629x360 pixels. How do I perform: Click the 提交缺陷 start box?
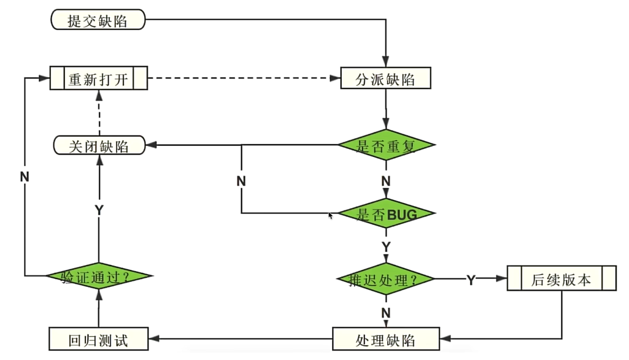coord(98,20)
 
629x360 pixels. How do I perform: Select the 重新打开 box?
coord(98,79)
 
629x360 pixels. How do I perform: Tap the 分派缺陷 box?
coord(386,79)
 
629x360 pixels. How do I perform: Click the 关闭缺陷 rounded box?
coord(99,146)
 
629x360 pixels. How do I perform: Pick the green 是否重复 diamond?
coord(387,146)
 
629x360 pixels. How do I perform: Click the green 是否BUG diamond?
coord(387,213)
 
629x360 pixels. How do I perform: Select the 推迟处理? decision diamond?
coord(386,280)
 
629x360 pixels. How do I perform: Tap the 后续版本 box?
coord(561,280)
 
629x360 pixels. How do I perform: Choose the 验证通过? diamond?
coord(98,277)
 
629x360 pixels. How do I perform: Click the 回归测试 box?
coord(98,339)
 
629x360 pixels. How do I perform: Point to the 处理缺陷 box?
coord(386,339)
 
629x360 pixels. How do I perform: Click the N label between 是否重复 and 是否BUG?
coord(386,181)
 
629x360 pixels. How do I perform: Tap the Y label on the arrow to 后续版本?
coord(471,280)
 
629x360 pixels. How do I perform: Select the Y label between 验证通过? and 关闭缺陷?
coord(99,210)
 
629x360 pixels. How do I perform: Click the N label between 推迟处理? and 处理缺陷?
coord(386,313)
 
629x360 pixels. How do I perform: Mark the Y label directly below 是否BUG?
coord(386,247)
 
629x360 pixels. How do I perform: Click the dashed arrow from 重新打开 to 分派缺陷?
coord(245,79)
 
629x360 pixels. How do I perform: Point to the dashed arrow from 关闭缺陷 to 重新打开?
coord(98,113)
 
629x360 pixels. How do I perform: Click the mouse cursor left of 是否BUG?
coord(331,216)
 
